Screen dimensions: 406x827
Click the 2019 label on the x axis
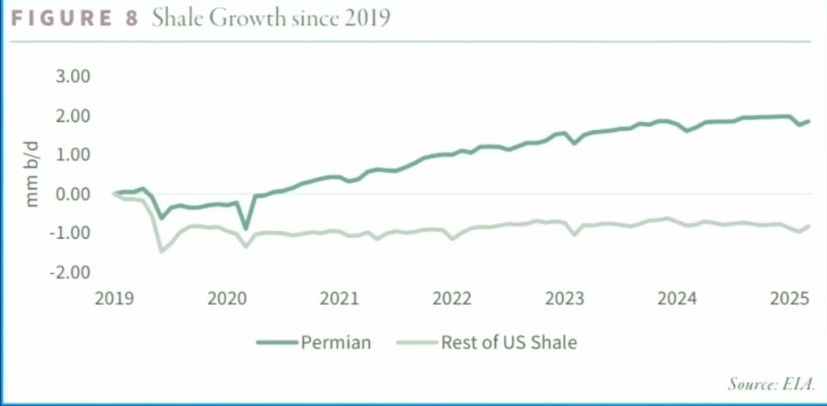114,299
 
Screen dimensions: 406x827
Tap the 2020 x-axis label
226,299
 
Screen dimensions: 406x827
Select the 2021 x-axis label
339,299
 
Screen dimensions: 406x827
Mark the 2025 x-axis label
790,299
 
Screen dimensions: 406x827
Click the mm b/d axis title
33,175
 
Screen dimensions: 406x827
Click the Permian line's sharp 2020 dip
246,228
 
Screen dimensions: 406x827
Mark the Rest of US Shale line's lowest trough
162,251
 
